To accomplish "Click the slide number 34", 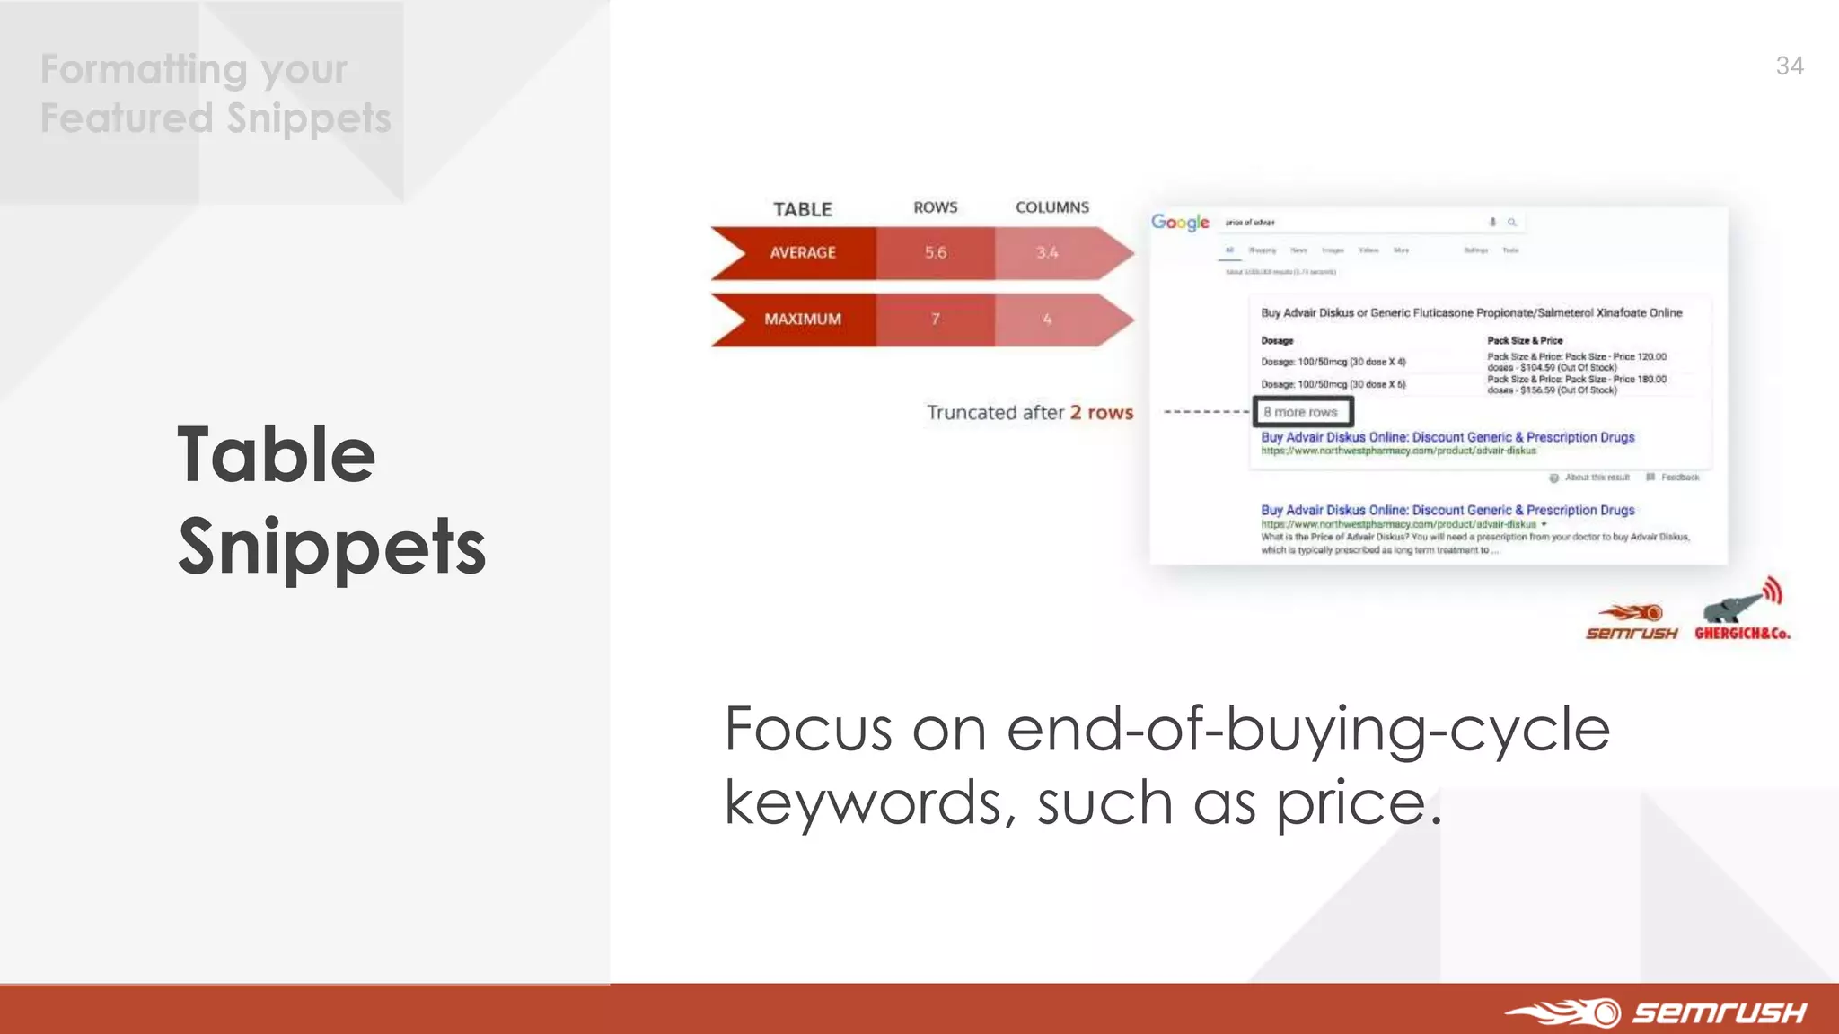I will point(1789,66).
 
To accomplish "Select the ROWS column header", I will point(935,207).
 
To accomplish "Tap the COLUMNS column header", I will point(1051,207).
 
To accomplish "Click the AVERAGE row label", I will point(802,253).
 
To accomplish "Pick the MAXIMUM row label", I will point(802,320).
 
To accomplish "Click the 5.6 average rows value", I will point(935,253).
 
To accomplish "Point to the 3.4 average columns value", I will point(1046,253).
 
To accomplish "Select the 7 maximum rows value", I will point(935,320).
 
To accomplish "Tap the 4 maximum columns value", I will point(1046,320).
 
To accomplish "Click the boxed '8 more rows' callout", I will point(1302,412).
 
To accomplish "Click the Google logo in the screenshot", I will point(1180,222).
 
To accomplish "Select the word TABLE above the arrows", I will point(802,209).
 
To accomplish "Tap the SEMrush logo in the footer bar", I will point(1657,1012).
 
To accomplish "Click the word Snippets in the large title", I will point(331,548).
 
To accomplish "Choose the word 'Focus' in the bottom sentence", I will point(808,729).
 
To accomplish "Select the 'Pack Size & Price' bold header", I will point(1525,340).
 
